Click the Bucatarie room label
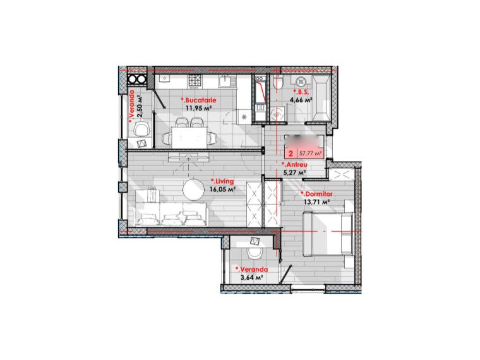198,100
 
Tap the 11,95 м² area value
198,108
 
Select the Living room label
222,181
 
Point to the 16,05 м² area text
223,188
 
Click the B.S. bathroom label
301,92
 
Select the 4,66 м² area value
301,100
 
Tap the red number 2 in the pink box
290,153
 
